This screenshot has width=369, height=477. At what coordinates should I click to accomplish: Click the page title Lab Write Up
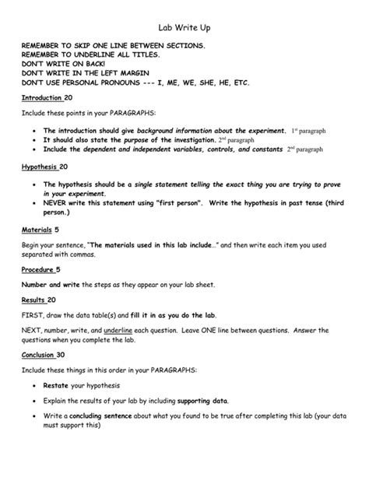tap(183, 28)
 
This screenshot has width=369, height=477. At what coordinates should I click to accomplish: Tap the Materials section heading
tap(38, 230)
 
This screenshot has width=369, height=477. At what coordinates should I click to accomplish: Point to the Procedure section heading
tap(40, 269)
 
